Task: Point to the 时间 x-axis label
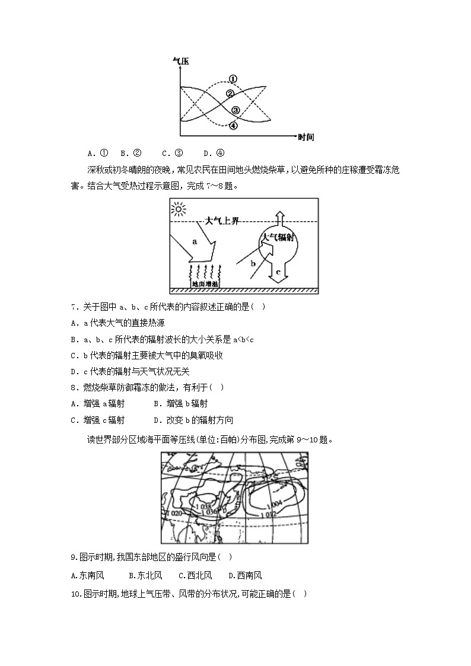click(306, 138)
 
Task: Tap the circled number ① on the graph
click(233, 79)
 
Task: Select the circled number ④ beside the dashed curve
click(233, 126)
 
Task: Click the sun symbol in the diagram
click(178, 209)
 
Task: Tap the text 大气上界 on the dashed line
click(221, 221)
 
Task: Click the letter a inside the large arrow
click(194, 241)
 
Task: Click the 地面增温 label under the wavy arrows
click(204, 284)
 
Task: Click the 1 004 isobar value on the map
click(274, 504)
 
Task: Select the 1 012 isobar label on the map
click(269, 515)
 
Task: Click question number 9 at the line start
click(74, 557)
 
